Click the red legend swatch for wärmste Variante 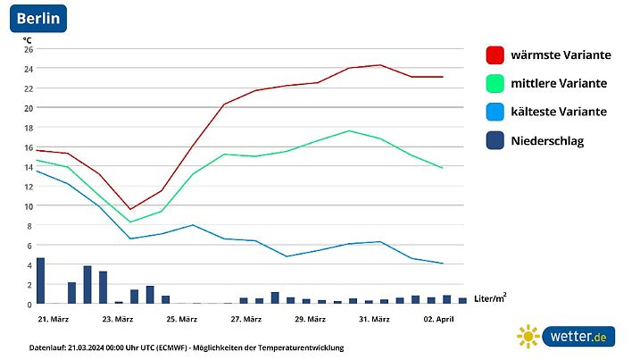coord(495,55)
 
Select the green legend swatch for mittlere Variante coord(495,84)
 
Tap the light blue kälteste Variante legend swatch coord(495,113)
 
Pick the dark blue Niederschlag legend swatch coord(495,141)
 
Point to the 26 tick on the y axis coord(28,49)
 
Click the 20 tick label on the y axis coord(28,108)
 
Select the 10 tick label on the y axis coord(28,206)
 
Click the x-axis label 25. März coord(181,319)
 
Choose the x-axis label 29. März coord(310,319)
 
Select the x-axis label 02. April coord(438,319)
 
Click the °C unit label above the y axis coord(27,39)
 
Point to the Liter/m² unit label coord(490,297)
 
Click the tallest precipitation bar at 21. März coord(40,280)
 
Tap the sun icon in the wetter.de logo coord(528,336)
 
